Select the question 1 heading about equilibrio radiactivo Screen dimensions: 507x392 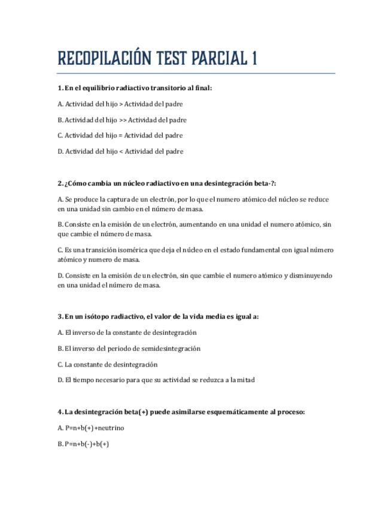click(x=135, y=88)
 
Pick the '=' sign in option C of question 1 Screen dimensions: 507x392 click(x=121, y=136)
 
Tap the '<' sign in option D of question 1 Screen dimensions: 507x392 click(x=121, y=151)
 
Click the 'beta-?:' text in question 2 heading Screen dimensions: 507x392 click(x=265, y=183)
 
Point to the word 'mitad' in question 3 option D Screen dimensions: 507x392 click(x=246, y=380)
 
